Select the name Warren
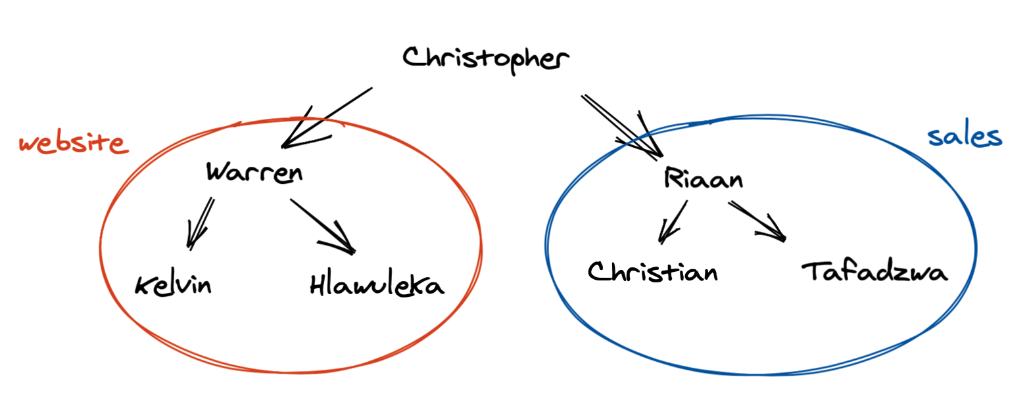[254, 173]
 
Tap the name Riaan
[703, 178]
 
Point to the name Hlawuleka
[377, 285]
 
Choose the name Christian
[652, 271]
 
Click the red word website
[72, 143]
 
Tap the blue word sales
[964, 136]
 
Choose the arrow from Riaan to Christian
[674, 221]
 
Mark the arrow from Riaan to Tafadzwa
[756, 220]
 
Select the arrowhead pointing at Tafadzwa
[779, 235]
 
